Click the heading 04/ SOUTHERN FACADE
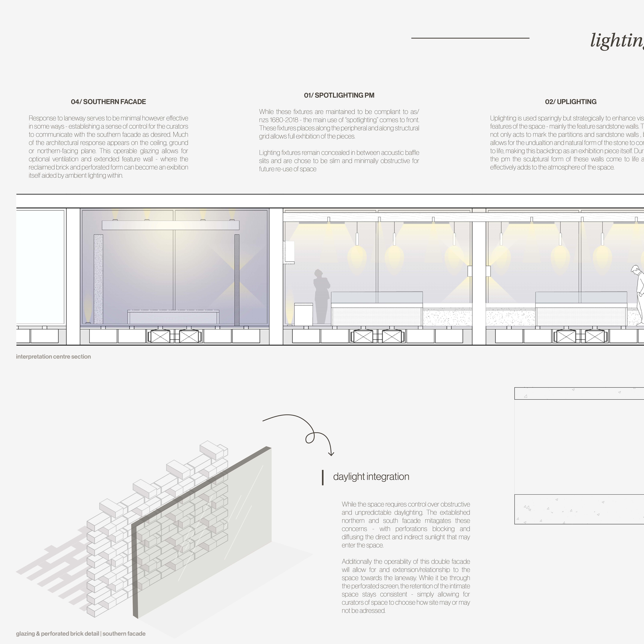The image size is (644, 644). [x=108, y=102]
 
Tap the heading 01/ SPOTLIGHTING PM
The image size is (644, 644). [x=339, y=95]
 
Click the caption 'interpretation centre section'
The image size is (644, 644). [x=53, y=357]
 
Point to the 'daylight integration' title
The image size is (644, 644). [x=371, y=477]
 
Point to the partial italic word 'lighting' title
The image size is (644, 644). [x=617, y=41]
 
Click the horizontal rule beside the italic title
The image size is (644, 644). [x=470, y=38]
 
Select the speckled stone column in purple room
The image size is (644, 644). [x=98, y=279]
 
